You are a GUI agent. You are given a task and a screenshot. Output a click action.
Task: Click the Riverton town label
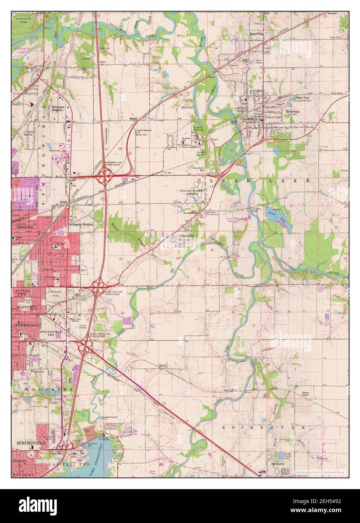tap(292, 112)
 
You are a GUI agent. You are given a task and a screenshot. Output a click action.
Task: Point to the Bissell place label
tap(134, 118)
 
